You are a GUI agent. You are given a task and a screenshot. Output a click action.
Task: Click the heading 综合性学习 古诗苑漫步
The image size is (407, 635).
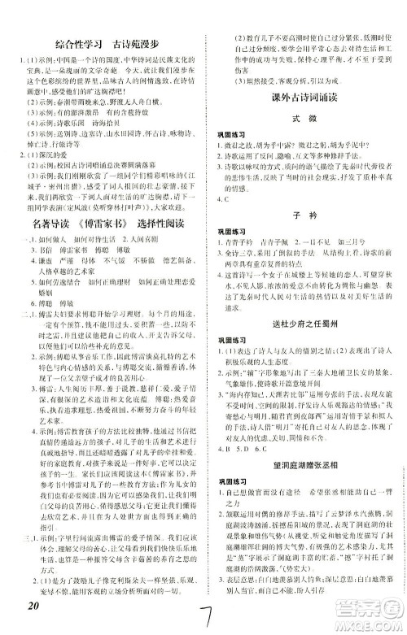coord(105,41)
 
